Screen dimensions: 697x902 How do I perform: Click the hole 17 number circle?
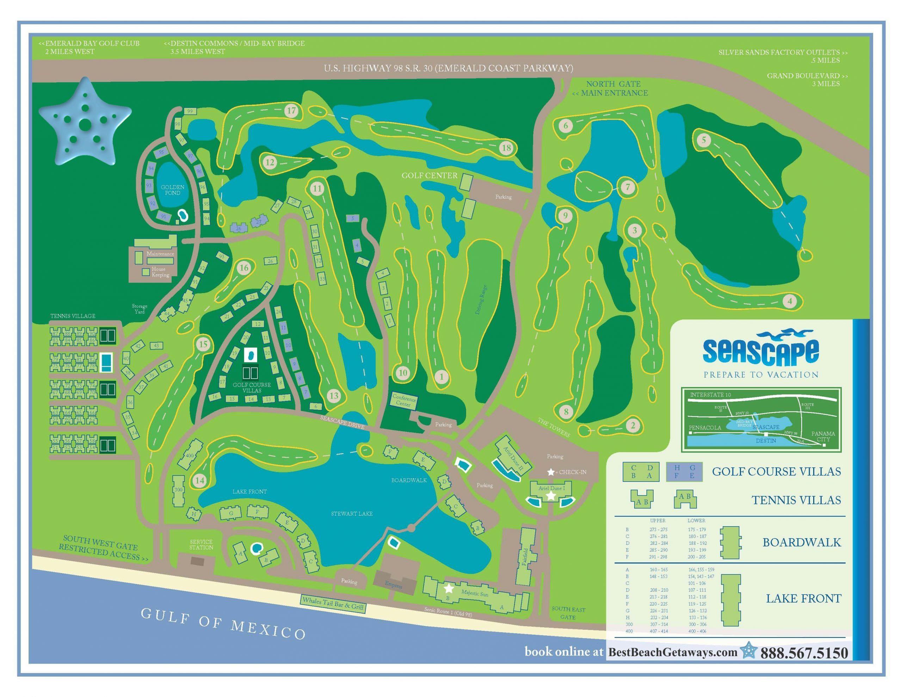click(292, 111)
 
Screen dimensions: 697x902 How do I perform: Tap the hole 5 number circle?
click(704, 140)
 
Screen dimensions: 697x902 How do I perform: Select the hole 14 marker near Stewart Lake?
click(200, 480)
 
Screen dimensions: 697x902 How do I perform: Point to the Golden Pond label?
click(173, 190)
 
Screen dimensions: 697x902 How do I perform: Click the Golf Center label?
click(430, 175)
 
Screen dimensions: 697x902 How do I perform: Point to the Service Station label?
click(201, 544)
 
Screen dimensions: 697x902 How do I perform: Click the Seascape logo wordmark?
click(761, 352)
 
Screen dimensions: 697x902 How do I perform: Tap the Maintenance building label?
click(160, 254)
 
